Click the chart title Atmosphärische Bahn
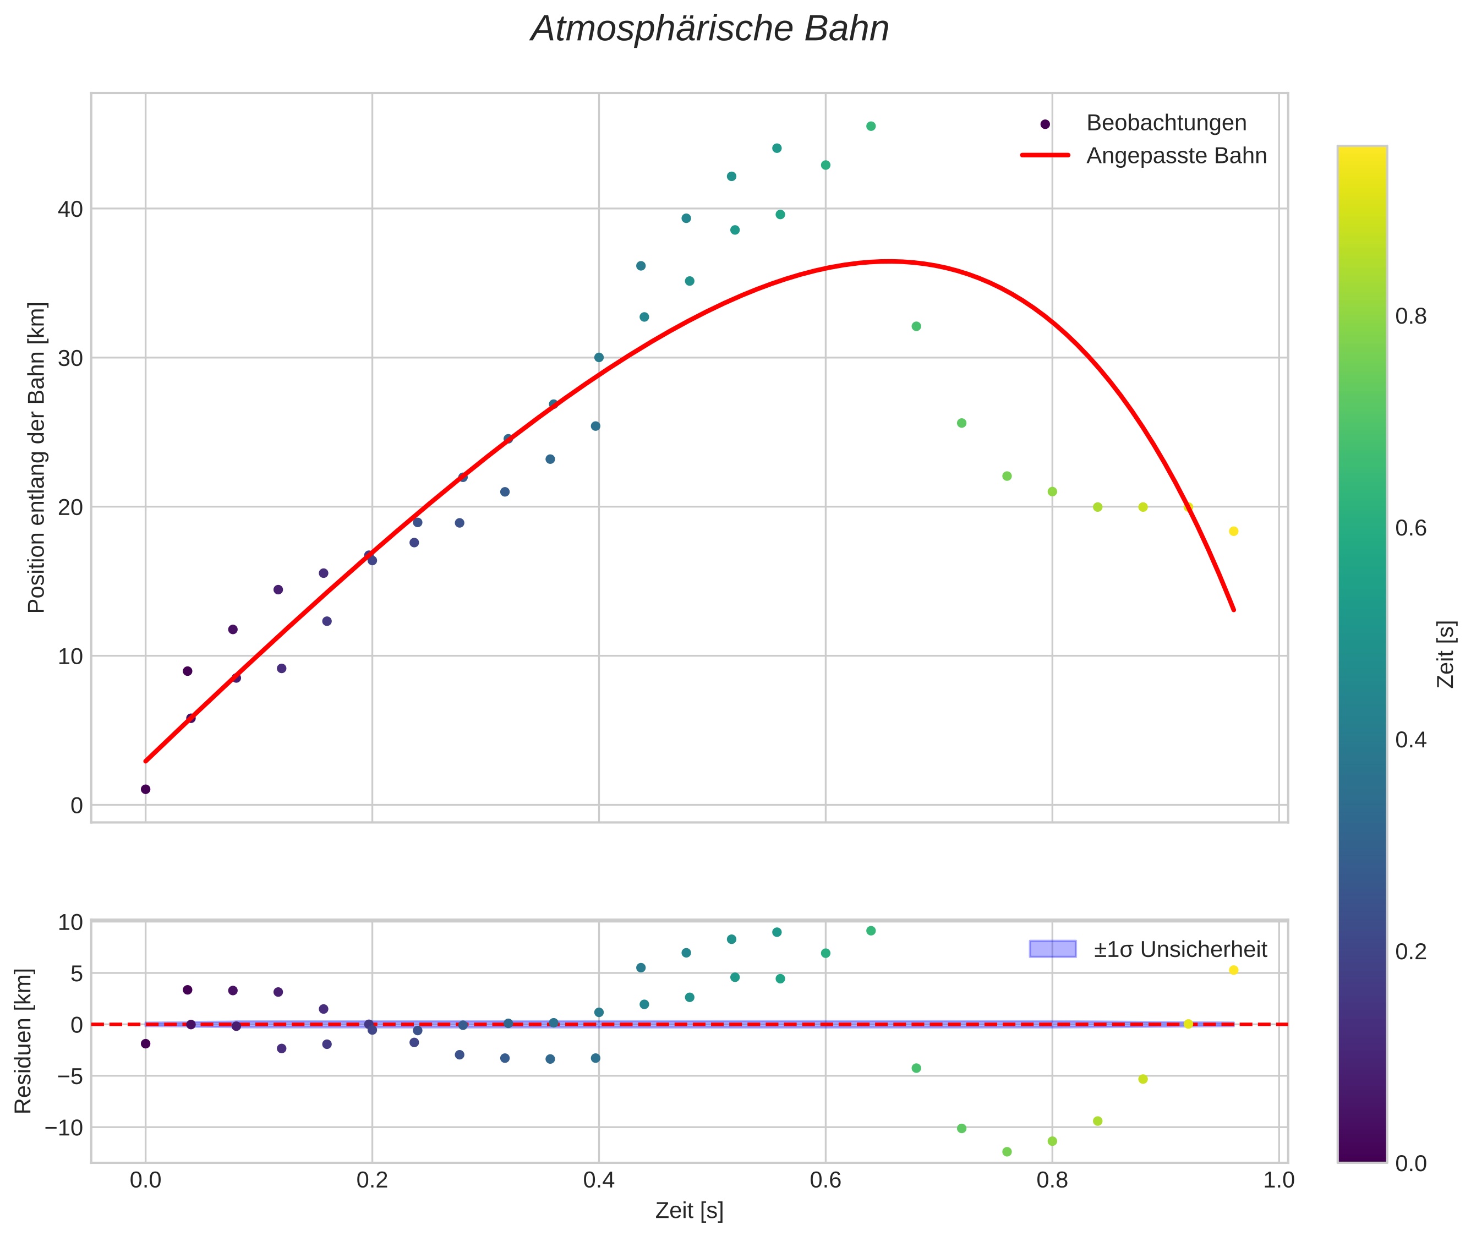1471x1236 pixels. pos(709,29)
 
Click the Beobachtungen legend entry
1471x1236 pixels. pos(1166,123)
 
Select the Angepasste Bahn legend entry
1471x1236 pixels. pos(1176,156)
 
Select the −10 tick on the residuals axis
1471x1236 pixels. pos(64,1128)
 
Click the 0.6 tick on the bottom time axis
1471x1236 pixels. pos(825,1180)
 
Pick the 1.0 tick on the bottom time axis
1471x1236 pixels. pos(1278,1180)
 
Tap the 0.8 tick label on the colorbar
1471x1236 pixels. pos(1410,317)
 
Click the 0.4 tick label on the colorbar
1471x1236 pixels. pos(1410,740)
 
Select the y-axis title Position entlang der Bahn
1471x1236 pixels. pos(36,457)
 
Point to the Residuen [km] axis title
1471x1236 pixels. pos(23,1041)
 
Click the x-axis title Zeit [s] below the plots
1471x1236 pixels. pos(689,1211)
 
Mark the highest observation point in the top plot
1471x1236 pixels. pos(871,126)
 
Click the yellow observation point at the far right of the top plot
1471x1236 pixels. pos(1233,531)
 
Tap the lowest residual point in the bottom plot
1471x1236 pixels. pos(1007,1152)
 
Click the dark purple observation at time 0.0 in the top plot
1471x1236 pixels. pos(146,789)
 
